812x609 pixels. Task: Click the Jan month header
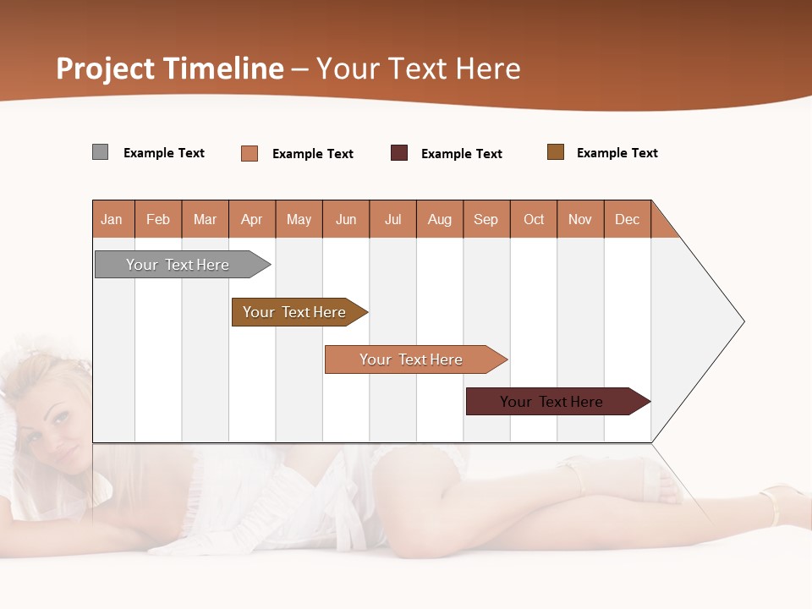tap(112, 219)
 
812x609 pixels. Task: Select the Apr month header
tap(251, 219)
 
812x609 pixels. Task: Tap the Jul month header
tap(392, 219)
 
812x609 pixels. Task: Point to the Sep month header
tap(486, 219)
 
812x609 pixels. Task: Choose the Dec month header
tap(627, 219)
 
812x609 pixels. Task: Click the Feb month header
tap(158, 219)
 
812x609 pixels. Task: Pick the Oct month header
tap(534, 219)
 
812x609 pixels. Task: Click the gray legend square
tap(100, 152)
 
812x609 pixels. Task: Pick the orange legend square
tap(250, 153)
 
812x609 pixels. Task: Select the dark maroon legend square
tap(399, 153)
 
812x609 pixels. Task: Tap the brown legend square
tap(556, 152)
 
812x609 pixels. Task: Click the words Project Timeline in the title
tap(169, 69)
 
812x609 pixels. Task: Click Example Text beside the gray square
tap(164, 153)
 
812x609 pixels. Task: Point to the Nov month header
tap(580, 219)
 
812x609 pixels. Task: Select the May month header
tap(299, 219)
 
